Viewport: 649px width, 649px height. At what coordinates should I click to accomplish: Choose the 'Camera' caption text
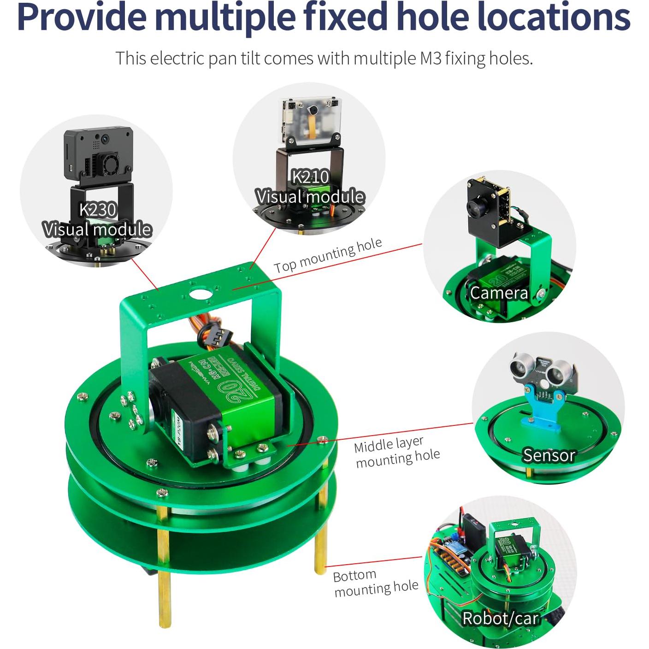[499, 293]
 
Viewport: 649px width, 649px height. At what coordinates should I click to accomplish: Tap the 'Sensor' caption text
[549, 455]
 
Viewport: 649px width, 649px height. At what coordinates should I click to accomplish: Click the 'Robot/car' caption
[500, 618]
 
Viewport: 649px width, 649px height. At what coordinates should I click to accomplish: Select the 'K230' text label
[98, 210]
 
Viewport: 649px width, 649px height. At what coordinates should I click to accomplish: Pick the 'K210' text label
[311, 177]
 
